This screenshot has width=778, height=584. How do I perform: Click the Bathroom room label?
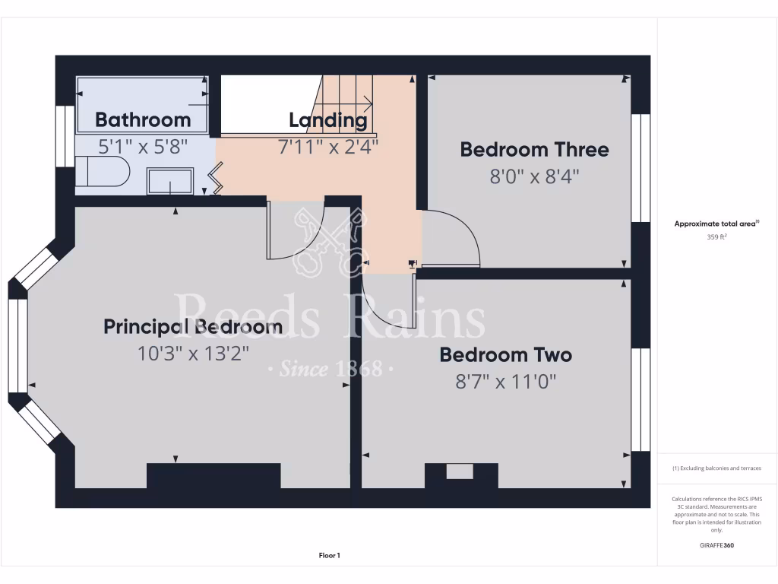coord(143,119)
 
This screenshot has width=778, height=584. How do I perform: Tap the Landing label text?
coord(327,119)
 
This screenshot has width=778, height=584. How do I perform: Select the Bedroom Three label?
coord(534,149)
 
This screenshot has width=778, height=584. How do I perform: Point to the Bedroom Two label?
coord(505,354)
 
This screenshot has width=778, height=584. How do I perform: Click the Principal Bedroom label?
coord(193,327)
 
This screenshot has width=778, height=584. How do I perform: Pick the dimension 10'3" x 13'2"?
coord(193,353)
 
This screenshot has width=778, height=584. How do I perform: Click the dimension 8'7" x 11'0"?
coord(505,381)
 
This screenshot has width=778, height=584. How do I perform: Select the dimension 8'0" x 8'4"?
coord(534,176)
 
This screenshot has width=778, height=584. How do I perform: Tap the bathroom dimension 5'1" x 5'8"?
coord(142,146)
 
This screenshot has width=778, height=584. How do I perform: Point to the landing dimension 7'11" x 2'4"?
coord(327,145)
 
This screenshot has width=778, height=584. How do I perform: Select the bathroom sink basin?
coord(169,182)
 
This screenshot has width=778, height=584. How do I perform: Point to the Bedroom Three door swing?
coord(451,240)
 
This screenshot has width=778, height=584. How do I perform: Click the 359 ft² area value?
coord(717,236)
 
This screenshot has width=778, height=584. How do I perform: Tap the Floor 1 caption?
coord(329,556)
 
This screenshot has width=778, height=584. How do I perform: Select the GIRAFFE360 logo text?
coord(717,545)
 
